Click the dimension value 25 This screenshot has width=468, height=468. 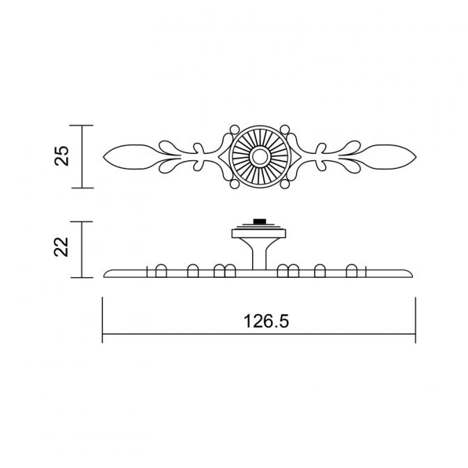(x=63, y=155)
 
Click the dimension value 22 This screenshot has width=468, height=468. (x=61, y=247)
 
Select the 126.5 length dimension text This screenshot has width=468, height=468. (x=266, y=322)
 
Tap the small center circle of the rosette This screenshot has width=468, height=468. (x=259, y=157)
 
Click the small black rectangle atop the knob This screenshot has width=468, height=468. (x=259, y=221)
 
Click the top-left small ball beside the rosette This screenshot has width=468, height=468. (x=234, y=130)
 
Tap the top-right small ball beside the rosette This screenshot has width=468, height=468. (x=285, y=130)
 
